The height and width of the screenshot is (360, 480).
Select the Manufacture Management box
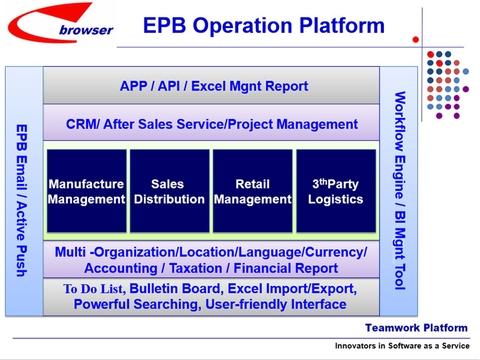pos(87,192)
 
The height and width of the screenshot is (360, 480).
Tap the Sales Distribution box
pos(169,192)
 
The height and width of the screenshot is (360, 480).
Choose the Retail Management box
pos(252,192)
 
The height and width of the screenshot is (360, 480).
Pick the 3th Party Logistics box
pos(335,192)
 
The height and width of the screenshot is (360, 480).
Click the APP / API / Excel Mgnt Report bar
pos(211,86)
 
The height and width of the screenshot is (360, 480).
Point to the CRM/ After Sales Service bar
pos(211,124)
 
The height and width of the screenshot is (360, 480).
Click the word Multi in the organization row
pos(71,251)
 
